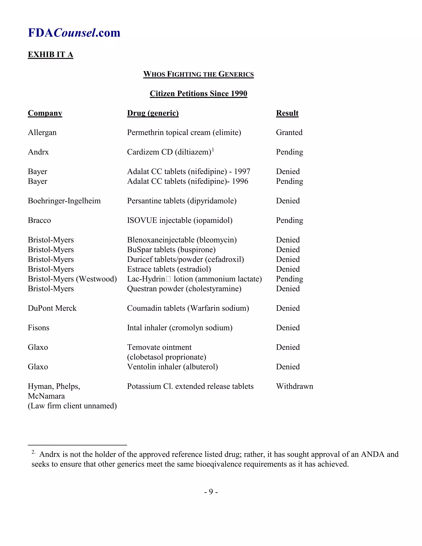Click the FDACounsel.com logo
tap(74, 33)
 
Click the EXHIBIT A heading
tap(50, 55)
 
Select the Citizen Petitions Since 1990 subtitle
tap(198, 94)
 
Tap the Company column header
tap(45, 113)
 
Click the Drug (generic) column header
tap(153, 113)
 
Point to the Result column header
tap(287, 113)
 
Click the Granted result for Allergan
tap(289, 132)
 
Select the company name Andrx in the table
tap(38, 152)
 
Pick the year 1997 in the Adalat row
tap(242, 171)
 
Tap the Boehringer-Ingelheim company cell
tap(64, 201)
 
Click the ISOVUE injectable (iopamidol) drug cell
tap(179, 220)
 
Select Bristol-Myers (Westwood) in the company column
tap(72, 279)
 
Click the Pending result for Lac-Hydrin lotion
tap(289, 279)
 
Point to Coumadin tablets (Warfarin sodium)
tap(188, 308)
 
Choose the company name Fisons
tap(39, 328)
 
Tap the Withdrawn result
tap(294, 386)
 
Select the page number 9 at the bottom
tap(211, 492)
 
